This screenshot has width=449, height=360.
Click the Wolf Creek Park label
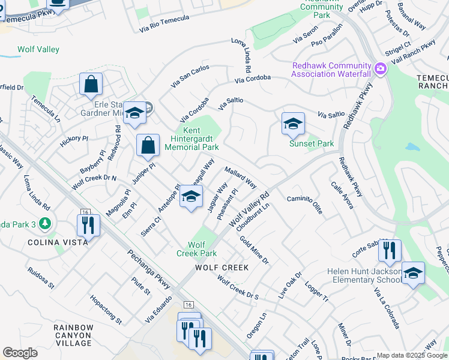(x=202, y=249)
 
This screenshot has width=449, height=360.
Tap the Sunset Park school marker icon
(x=293, y=124)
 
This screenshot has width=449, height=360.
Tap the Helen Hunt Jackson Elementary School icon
(x=412, y=274)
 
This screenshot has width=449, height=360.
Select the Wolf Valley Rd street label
(x=249, y=209)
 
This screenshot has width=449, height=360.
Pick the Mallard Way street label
(x=241, y=178)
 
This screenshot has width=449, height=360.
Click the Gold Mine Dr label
(x=254, y=250)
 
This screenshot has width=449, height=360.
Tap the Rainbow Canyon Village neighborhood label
(x=73, y=335)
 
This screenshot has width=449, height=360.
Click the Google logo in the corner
(x=20, y=353)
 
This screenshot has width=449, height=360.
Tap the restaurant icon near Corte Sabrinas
(x=390, y=250)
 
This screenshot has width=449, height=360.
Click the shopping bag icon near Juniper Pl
(x=148, y=145)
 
